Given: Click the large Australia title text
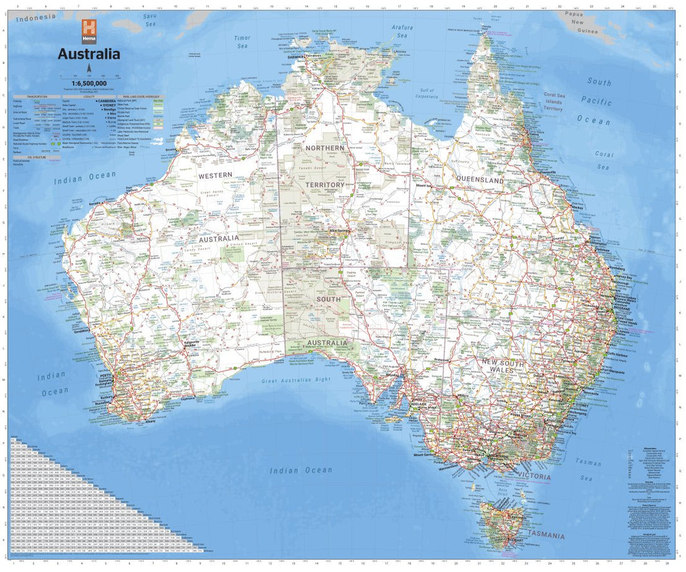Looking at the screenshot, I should pos(89,54).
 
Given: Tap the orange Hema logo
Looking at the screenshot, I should pos(88,30).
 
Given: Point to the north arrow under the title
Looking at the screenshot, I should pos(89,69).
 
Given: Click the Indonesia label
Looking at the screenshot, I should pos(36,18).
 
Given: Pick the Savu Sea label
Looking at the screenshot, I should pos(150,19).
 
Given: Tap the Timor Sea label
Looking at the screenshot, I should pos(242,42).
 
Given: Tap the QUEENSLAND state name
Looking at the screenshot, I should pos(479,180).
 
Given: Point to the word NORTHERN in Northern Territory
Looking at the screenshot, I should pos(324,148).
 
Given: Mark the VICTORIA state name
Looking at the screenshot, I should pos(533,477).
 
